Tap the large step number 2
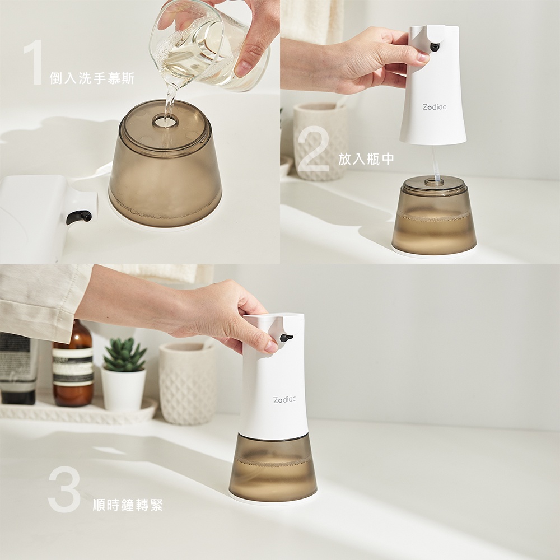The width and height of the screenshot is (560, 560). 313,148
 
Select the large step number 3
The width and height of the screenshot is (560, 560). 64,489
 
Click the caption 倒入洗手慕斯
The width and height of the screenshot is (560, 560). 92,78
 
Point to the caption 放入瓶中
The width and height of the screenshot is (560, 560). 366,159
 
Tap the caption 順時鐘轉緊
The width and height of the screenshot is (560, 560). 128,505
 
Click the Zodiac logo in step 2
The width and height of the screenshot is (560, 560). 435,107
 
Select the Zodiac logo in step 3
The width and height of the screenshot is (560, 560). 284,400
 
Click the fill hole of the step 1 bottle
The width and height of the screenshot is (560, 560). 165,122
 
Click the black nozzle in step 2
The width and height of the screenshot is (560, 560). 435,47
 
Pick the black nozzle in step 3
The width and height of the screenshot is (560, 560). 286,338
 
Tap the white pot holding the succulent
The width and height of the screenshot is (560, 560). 124,389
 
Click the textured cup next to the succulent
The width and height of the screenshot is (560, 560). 187,383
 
